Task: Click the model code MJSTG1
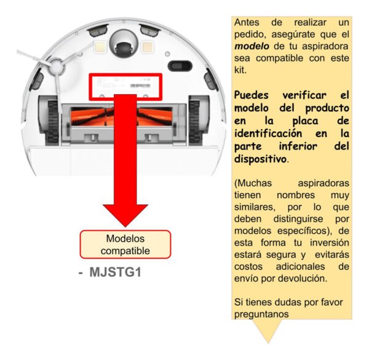coord(116,272)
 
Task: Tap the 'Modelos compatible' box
coord(125,244)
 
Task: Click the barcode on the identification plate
coord(140,86)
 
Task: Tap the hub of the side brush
coord(57,66)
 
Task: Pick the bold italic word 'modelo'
coord(252,46)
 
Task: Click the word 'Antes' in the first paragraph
coord(247,23)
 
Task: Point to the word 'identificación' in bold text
coord(268,134)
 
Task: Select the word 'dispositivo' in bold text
coord(260,159)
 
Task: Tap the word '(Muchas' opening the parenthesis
coord(253,183)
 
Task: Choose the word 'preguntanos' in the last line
coord(261,314)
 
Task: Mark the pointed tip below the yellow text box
coord(268,343)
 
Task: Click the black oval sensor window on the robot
coord(180,66)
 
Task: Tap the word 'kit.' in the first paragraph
coord(240,70)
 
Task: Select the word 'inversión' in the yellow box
coord(329,242)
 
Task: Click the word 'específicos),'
coord(304,231)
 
